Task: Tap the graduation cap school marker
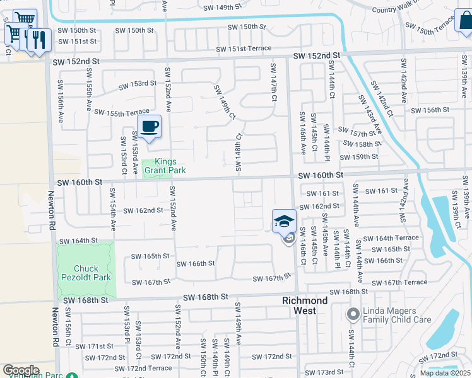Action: point(284,221)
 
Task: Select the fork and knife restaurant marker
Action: point(40,40)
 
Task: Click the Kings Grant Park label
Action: point(161,166)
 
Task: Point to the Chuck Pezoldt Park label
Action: point(85,273)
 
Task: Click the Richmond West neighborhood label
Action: point(305,306)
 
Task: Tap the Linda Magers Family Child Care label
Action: point(397,316)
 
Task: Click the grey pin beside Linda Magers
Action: point(353,313)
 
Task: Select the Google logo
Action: point(21,370)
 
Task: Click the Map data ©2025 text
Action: point(445,373)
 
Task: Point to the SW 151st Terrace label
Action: point(244,49)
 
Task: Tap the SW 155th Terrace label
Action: point(122,112)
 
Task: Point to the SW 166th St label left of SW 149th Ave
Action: point(196,263)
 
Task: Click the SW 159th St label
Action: point(358,157)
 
